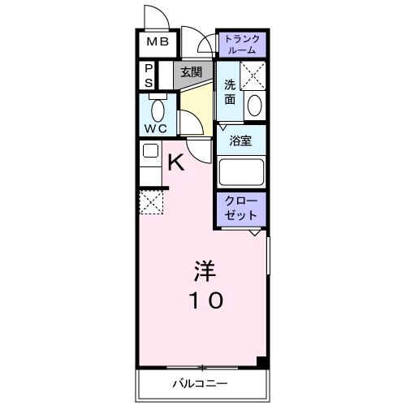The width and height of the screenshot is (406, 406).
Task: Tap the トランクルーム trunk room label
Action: coord(240,43)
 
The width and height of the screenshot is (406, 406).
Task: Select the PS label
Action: coord(149,76)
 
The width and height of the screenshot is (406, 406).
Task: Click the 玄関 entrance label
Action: coord(192,72)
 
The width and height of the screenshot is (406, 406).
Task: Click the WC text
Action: coord(156,128)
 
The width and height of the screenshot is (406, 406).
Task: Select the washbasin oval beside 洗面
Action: coord(254,105)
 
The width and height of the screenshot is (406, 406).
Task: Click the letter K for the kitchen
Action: coord(176,162)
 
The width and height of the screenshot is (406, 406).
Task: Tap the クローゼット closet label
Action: coord(241,208)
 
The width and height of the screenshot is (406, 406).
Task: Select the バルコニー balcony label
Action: coord(199,382)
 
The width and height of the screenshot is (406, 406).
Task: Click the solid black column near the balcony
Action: coord(261,362)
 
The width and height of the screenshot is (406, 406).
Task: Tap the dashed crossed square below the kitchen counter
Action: coord(151,203)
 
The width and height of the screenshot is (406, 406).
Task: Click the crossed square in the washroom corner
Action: coord(253,75)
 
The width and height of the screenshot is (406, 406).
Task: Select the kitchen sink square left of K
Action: coord(149,150)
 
